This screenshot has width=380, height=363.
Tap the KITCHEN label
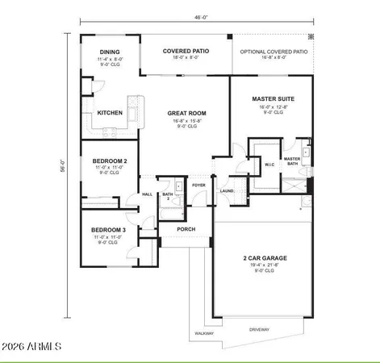[110, 114]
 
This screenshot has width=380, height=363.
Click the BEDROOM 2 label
[109, 161]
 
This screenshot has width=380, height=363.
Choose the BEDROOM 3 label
[107, 230]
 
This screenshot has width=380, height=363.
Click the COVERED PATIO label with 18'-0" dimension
[186, 51]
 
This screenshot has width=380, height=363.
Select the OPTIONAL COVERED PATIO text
[274, 51]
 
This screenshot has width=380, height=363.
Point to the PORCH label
[186, 228]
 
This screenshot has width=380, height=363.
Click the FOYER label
[198, 186]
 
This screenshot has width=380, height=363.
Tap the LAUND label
[227, 191]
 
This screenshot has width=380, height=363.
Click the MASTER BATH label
[292, 161]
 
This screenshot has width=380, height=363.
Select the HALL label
[148, 194]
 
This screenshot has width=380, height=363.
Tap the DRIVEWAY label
[259, 330]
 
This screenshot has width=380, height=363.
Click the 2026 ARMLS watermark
[32, 346]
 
